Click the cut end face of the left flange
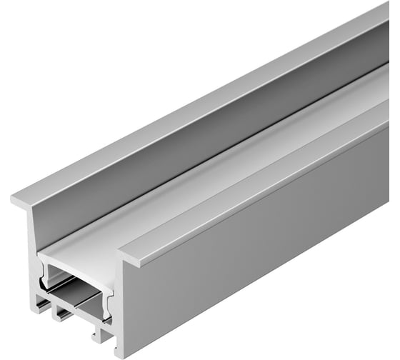[21, 202]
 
